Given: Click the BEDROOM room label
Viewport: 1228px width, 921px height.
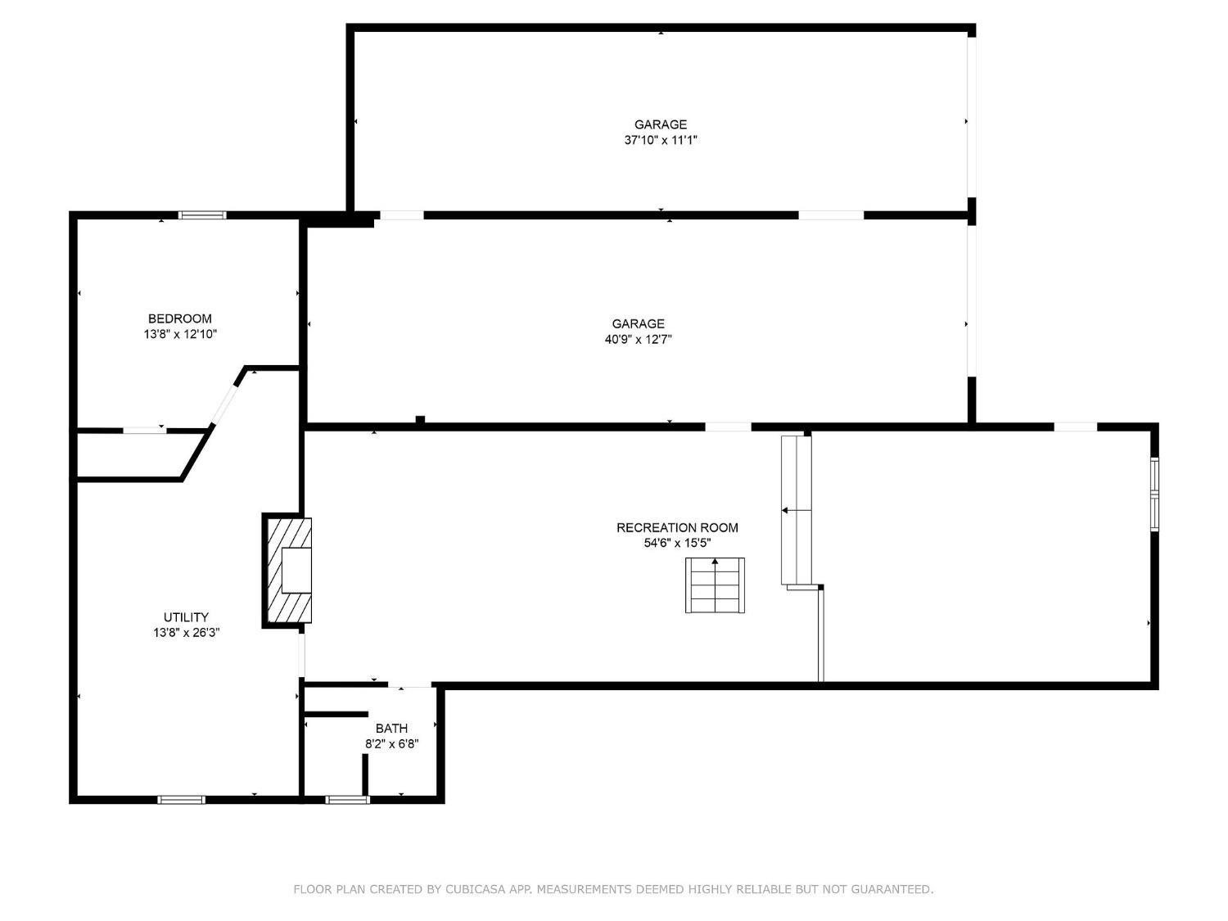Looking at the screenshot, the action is [179, 318].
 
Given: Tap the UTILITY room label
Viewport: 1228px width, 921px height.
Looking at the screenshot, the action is [186, 616].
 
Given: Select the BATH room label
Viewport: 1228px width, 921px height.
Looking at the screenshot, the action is [391, 728].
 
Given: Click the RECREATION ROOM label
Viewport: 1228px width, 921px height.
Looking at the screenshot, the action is [677, 527].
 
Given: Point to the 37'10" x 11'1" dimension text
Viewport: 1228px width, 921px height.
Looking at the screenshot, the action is [661, 140].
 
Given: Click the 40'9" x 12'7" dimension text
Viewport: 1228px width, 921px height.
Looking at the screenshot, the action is [638, 339].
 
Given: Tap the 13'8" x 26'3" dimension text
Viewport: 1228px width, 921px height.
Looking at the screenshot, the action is [187, 633].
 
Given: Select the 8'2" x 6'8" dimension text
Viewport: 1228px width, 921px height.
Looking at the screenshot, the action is [391, 743].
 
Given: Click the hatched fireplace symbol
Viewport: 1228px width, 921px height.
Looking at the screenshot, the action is [288, 571].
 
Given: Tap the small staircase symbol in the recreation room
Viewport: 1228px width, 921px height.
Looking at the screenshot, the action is [715, 585].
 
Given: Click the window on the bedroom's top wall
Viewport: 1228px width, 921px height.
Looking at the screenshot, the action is [202, 214].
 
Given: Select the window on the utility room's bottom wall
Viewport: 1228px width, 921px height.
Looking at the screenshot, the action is [181, 800].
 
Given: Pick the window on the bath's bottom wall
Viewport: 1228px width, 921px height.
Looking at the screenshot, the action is [347, 800].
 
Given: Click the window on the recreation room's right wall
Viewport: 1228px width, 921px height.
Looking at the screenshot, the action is [1154, 494].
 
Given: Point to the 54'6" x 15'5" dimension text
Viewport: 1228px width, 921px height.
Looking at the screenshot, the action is [677, 543].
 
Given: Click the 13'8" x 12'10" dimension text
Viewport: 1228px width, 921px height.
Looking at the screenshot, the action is [179, 334].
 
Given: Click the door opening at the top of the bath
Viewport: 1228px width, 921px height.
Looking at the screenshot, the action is [410, 684].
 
